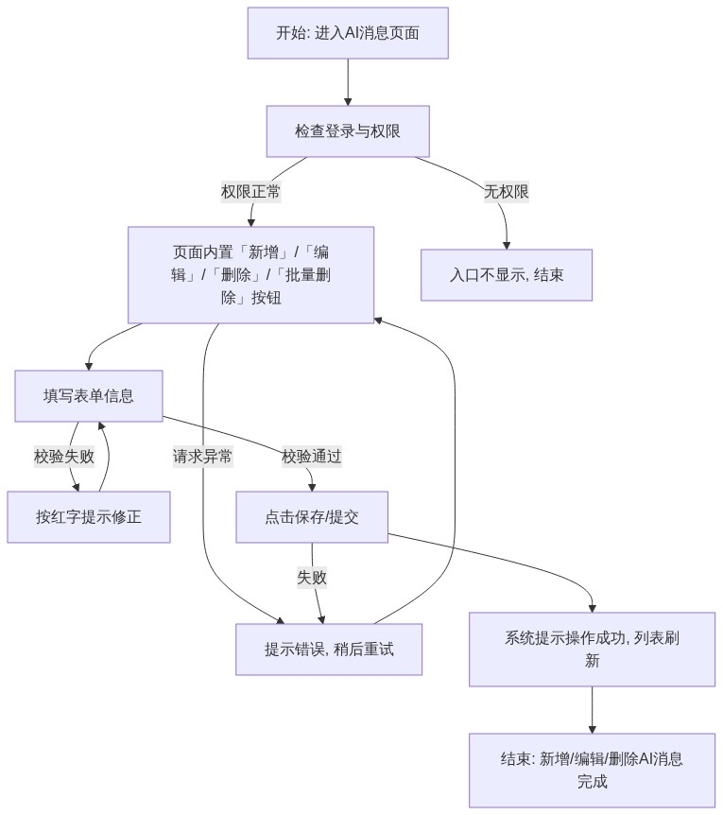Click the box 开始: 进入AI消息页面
click(348, 33)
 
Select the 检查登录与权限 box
click(348, 131)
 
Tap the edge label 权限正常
click(250, 192)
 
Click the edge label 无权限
click(507, 192)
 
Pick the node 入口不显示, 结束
click(507, 275)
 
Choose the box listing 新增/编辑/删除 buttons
click(250, 275)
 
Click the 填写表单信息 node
click(89, 396)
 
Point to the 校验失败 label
click(64, 457)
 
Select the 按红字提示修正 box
click(89, 517)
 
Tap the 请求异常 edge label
click(202, 457)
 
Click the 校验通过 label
click(312, 457)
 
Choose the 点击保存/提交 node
click(312, 517)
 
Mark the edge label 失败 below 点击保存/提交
click(312, 577)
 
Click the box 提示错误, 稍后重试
click(329, 650)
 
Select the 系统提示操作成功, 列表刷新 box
click(593, 650)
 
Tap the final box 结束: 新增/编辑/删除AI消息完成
click(593, 771)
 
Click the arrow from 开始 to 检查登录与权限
click(348, 82)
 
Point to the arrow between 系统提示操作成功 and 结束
click(593, 710)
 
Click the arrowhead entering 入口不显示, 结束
click(507, 246)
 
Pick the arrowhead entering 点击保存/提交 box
click(312, 488)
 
